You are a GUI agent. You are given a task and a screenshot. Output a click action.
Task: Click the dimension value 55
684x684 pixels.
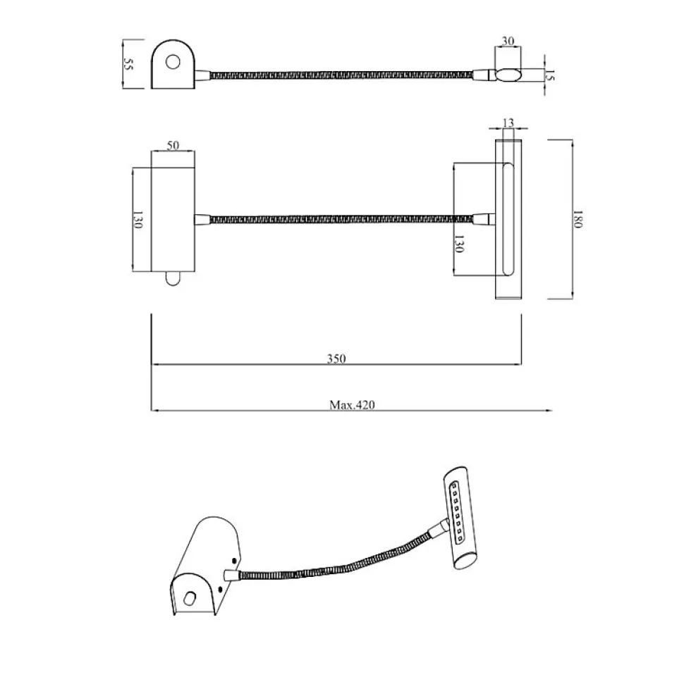[128, 64]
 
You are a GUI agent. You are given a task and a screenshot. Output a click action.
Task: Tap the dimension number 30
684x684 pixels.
[507, 41]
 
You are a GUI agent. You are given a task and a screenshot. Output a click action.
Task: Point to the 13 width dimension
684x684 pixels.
[508, 123]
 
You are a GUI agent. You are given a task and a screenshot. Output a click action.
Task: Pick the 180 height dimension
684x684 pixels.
[578, 219]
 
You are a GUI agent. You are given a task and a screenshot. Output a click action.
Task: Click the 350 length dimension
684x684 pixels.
[336, 359]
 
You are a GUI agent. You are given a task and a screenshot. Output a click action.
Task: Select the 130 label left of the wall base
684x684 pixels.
[138, 220]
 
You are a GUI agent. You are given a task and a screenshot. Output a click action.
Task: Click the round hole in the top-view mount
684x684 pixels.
[172, 63]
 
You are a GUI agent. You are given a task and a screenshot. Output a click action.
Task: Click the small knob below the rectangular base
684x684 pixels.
[173, 280]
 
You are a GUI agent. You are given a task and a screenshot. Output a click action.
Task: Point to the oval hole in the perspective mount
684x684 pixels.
[189, 599]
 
